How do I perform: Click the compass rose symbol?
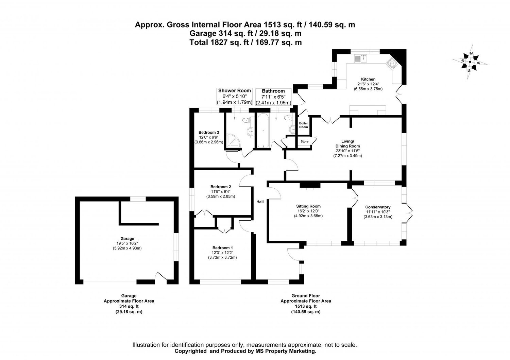[470, 62]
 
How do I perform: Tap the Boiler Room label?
[303, 125]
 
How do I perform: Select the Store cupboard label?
[304, 141]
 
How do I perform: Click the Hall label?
[260, 202]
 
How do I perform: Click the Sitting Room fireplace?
[310, 186]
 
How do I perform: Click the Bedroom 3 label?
[208, 132]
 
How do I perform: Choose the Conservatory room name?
[378, 207]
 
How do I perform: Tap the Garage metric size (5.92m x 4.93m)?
[127, 248]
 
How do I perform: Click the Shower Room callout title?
[234, 90]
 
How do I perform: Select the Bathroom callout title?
[273, 91]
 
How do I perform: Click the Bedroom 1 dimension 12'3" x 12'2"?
[222, 253]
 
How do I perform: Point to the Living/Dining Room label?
[347, 143]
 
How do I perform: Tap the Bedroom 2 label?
[221, 187]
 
